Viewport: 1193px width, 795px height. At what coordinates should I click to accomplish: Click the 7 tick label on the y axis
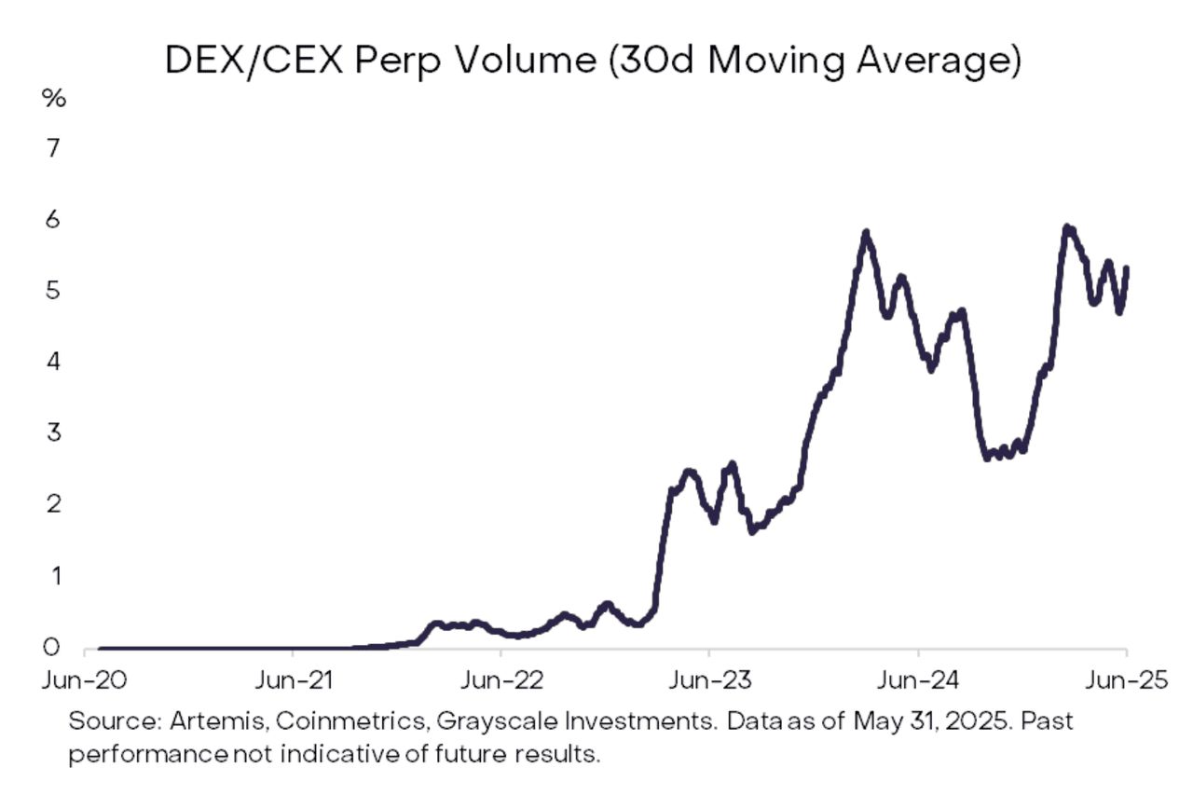click(x=53, y=148)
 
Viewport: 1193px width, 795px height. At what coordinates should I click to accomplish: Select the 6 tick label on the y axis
click(x=53, y=220)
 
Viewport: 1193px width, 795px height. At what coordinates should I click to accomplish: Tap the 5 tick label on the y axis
click(x=53, y=291)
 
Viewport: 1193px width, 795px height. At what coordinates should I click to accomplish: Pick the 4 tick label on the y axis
click(x=53, y=362)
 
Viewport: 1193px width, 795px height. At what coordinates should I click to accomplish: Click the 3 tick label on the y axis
click(x=53, y=433)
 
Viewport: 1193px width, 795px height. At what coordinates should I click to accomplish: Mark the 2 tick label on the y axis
click(x=53, y=504)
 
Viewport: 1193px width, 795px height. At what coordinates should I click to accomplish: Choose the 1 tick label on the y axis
click(x=53, y=576)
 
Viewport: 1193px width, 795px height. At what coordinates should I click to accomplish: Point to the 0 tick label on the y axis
click(x=53, y=648)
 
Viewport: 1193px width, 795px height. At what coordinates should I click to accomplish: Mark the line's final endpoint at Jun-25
click(x=1127, y=268)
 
